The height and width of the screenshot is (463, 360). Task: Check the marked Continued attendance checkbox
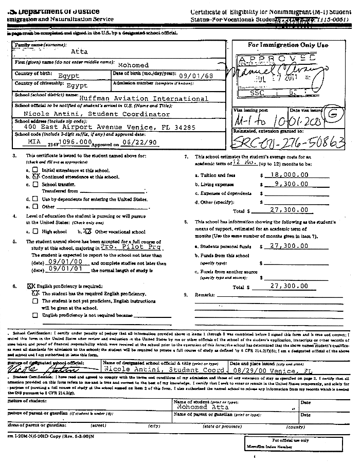pos(36,176)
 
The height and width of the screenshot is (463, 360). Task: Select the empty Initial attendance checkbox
pos(35,169)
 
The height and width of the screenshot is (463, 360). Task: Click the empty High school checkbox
pos(35,232)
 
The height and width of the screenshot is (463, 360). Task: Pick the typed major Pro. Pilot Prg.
pos(124,246)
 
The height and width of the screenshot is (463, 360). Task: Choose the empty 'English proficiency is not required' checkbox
pos(35,315)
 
